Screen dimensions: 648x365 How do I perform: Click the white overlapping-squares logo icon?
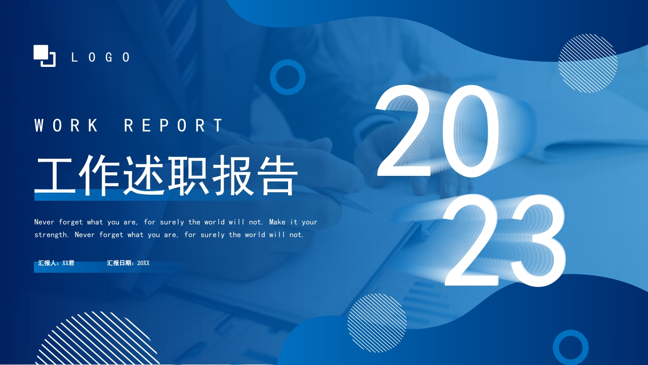tap(45, 56)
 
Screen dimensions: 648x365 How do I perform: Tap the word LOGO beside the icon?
tap(101, 57)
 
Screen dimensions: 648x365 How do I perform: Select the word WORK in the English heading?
tap(66, 125)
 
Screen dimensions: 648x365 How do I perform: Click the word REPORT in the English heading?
tap(174, 125)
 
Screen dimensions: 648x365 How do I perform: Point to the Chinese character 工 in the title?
tap(56, 176)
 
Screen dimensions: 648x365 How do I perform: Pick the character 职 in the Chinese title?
tap(189, 175)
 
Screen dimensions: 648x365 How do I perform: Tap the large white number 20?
tap(436, 131)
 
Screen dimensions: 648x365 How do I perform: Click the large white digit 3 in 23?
tap(534, 240)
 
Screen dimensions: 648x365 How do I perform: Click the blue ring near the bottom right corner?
tap(571, 332)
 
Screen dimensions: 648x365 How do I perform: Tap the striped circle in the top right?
tap(588, 63)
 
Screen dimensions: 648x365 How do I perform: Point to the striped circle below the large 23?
tap(377, 323)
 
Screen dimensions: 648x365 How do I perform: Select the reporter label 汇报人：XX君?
tap(56, 263)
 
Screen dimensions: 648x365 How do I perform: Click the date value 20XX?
tap(143, 263)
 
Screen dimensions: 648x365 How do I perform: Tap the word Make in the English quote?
tap(277, 222)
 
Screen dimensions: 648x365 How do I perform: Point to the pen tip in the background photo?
tap(370, 212)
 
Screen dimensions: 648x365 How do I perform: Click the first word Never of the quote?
tap(44, 222)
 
